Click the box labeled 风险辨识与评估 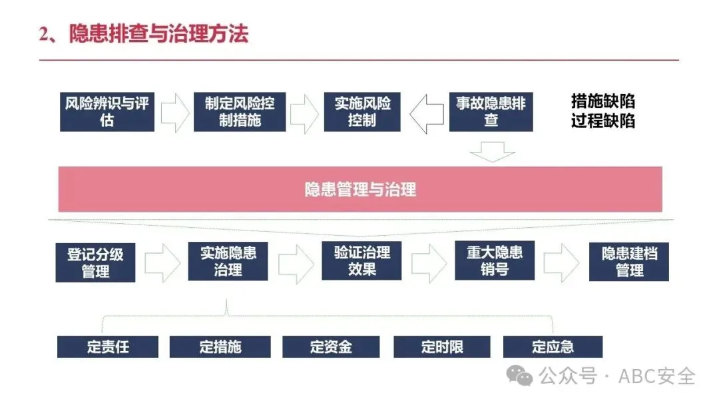point(107,112)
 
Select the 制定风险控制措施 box point(239,112)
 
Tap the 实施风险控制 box point(362,112)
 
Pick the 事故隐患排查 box point(491,112)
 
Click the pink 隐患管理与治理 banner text point(360,189)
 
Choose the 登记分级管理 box point(96,262)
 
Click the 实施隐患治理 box point(228,261)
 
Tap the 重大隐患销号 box point(494,260)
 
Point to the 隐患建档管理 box point(629,262)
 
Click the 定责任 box point(107,347)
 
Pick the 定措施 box point(220,347)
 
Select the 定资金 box point(331,347)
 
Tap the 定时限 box point(441,347)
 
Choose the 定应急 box point(553,347)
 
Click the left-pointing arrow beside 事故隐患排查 point(426,113)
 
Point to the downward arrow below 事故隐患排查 point(492,153)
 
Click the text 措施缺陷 point(602,101)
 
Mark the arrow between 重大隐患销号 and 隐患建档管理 point(561,262)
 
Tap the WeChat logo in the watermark point(520,376)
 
